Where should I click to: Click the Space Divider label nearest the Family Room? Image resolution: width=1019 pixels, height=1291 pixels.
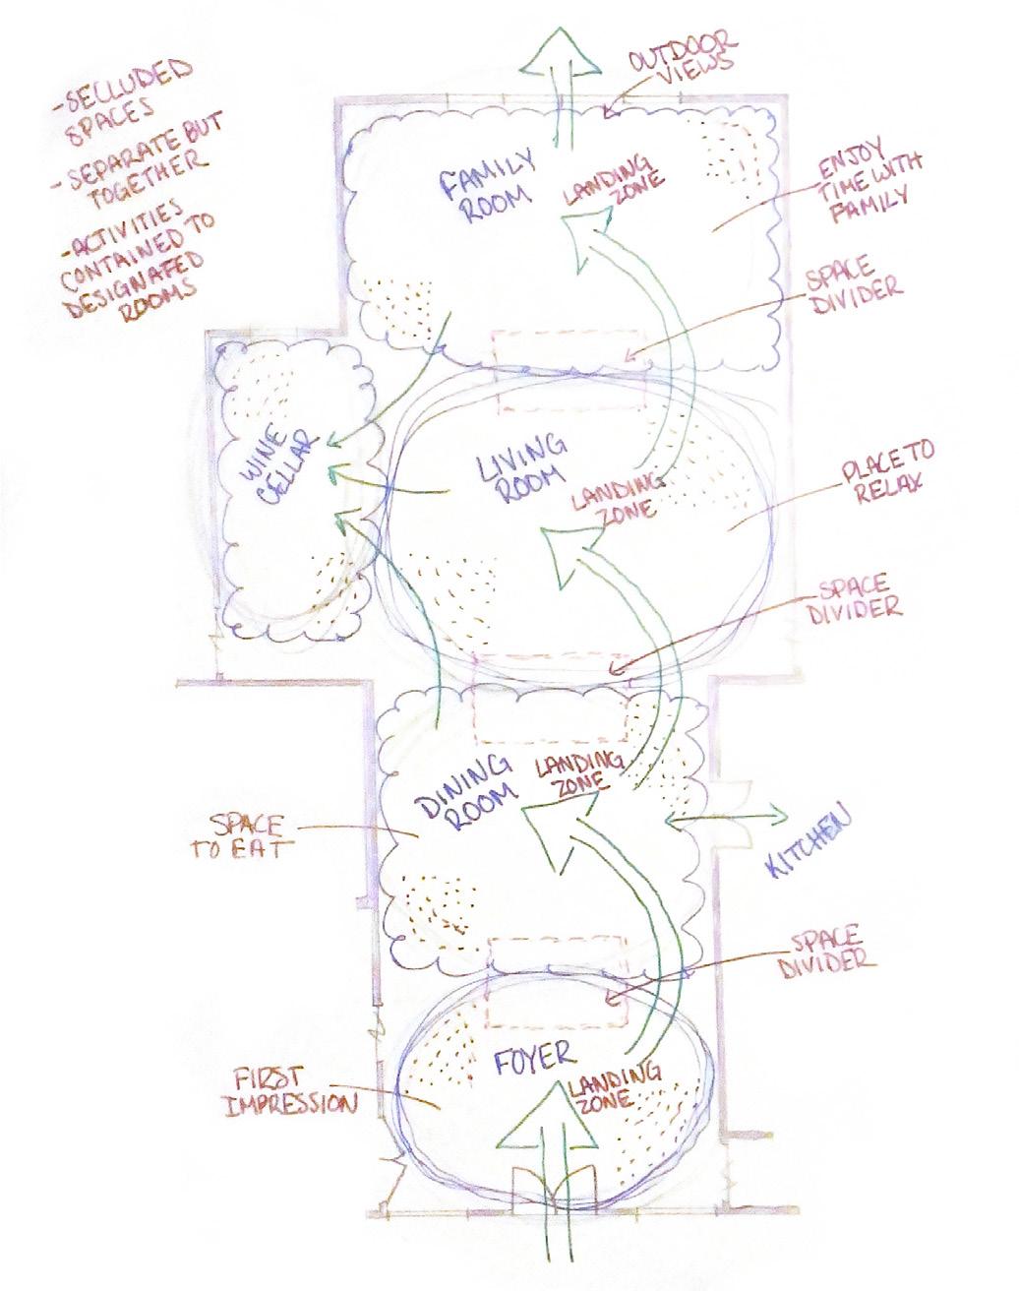[x=852, y=280]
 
